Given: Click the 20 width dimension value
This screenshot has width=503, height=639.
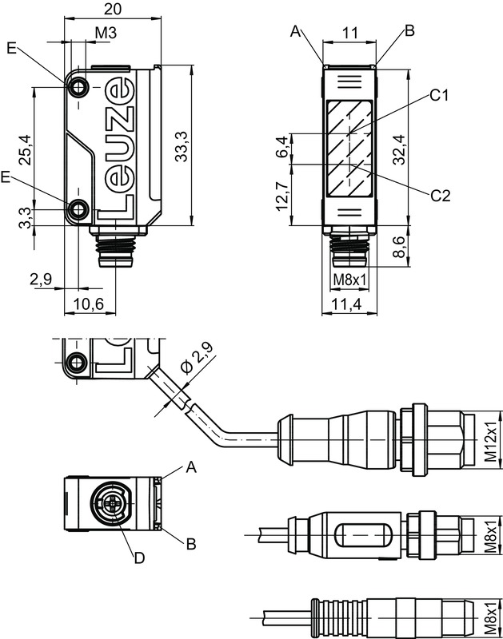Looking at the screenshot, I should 113,10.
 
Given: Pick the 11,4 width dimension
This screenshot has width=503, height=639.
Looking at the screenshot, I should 346,304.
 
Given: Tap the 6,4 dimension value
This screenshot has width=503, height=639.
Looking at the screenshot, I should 281,148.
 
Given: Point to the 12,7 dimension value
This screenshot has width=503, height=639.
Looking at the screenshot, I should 281,196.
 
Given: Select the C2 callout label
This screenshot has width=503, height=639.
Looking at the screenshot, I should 441,195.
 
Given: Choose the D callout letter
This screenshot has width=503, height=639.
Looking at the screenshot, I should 138,558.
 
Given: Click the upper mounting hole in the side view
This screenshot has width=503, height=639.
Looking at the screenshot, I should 78,87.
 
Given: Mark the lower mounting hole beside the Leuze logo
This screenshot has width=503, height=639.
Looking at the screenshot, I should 78,210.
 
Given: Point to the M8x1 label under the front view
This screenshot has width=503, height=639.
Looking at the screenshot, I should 349,280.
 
